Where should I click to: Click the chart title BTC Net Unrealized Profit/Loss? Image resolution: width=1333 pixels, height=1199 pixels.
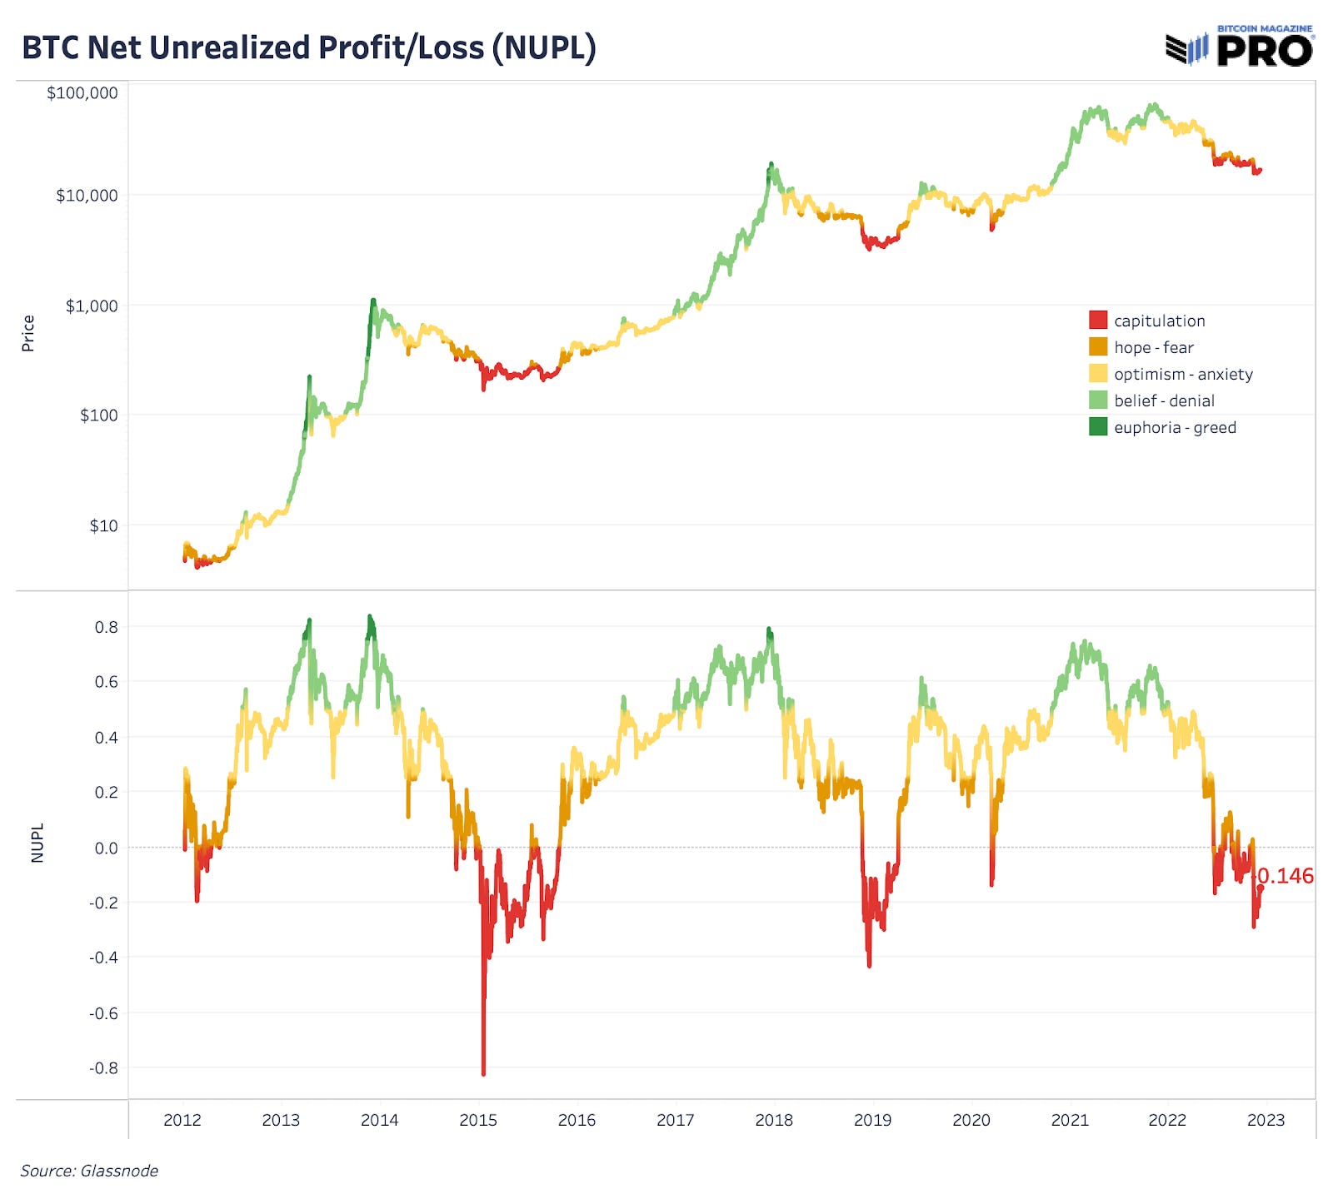[308, 47]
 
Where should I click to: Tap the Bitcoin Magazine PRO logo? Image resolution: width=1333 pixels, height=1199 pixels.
[1240, 47]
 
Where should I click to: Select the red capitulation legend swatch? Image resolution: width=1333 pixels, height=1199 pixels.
[1098, 320]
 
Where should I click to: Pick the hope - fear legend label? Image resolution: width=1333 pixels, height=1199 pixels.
[1153, 347]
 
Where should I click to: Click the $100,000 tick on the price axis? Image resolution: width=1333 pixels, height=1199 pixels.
[82, 92]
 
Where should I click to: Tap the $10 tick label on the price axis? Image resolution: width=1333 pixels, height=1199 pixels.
[103, 525]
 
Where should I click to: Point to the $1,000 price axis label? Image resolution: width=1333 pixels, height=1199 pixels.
[92, 306]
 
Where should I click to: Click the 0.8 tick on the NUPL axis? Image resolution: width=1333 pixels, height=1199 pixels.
[106, 627]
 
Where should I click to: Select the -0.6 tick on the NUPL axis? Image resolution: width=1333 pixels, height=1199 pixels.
[103, 1012]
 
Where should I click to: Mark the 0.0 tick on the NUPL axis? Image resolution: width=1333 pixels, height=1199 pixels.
[106, 848]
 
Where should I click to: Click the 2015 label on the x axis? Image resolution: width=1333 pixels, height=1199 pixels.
[477, 1120]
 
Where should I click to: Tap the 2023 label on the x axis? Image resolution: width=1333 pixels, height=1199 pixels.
[1265, 1120]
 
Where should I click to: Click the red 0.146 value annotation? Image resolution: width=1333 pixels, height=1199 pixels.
[1285, 876]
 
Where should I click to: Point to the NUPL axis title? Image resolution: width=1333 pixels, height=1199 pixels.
[37, 843]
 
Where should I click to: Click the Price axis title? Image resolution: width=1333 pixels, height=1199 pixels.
[28, 333]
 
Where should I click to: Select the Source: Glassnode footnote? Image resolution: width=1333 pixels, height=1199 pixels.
[89, 1171]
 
